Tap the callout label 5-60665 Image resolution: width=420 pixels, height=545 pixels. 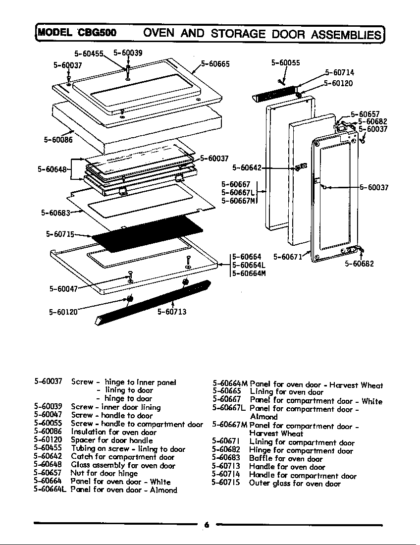click(x=215, y=63)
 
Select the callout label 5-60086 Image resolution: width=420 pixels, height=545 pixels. click(x=58, y=140)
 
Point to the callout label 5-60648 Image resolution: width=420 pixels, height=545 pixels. click(x=52, y=169)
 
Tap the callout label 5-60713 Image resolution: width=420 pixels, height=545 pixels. click(x=172, y=312)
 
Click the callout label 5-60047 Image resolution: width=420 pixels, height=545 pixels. click(x=63, y=289)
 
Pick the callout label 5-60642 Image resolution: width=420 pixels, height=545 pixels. click(x=247, y=168)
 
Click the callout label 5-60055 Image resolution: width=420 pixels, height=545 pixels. click(x=286, y=63)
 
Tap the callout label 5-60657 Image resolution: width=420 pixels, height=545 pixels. click(x=365, y=114)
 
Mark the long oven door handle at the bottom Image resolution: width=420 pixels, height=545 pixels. click(x=154, y=302)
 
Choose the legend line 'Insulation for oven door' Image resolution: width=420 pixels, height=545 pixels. click(x=113, y=432)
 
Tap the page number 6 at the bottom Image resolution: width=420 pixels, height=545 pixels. click(x=207, y=525)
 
